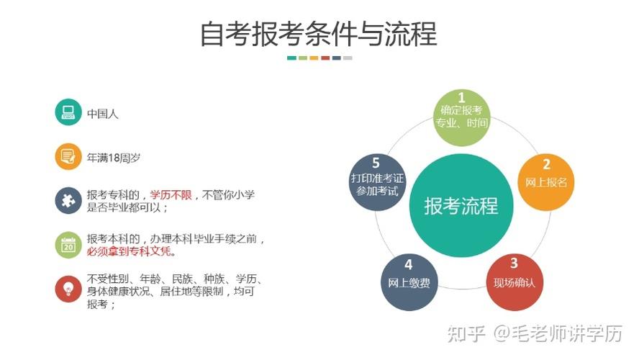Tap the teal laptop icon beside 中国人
(68, 112)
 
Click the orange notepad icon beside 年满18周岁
(68, 156)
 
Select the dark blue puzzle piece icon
(68, 200)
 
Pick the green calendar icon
(68, 245)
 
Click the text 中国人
(103, 113)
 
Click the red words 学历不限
(171, 194)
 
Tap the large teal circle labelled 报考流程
(461, 206)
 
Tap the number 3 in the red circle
(514, 264)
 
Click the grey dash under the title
(348, 58)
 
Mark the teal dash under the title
(291, 58)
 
